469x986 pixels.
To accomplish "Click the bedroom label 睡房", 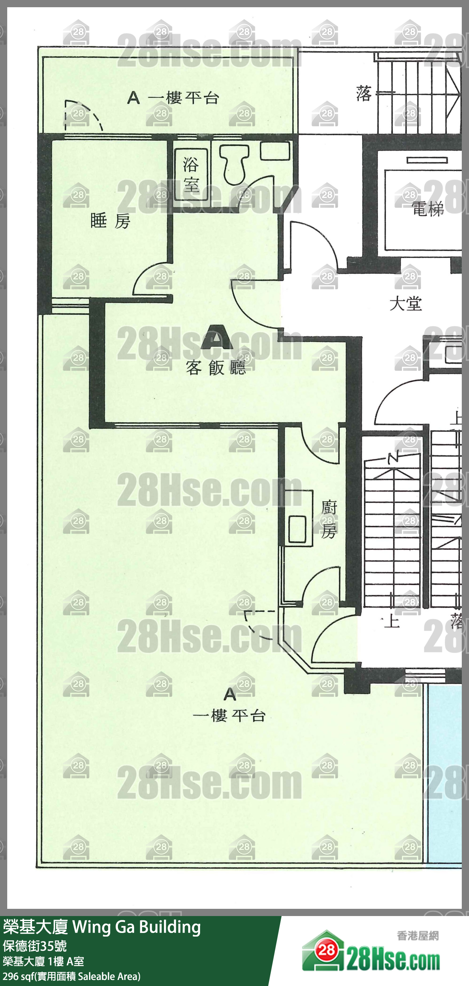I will point(110,221).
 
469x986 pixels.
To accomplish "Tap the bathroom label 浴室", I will point(191,174).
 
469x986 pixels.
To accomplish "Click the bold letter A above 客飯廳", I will point(217,337).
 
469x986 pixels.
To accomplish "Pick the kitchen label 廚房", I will point(329,519).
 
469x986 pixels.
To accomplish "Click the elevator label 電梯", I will point(427,209).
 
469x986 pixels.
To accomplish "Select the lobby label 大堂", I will point(406,304).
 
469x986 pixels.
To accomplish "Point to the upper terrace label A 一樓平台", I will point(173,98).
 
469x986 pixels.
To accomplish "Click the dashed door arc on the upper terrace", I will point(83,114).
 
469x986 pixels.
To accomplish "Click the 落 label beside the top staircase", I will point(363,93).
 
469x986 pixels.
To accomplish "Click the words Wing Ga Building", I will point(137,928).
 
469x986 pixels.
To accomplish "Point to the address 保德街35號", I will point(35,946).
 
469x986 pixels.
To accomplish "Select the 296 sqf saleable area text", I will point(71,976).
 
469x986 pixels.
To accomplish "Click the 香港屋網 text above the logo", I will point(418,936).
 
